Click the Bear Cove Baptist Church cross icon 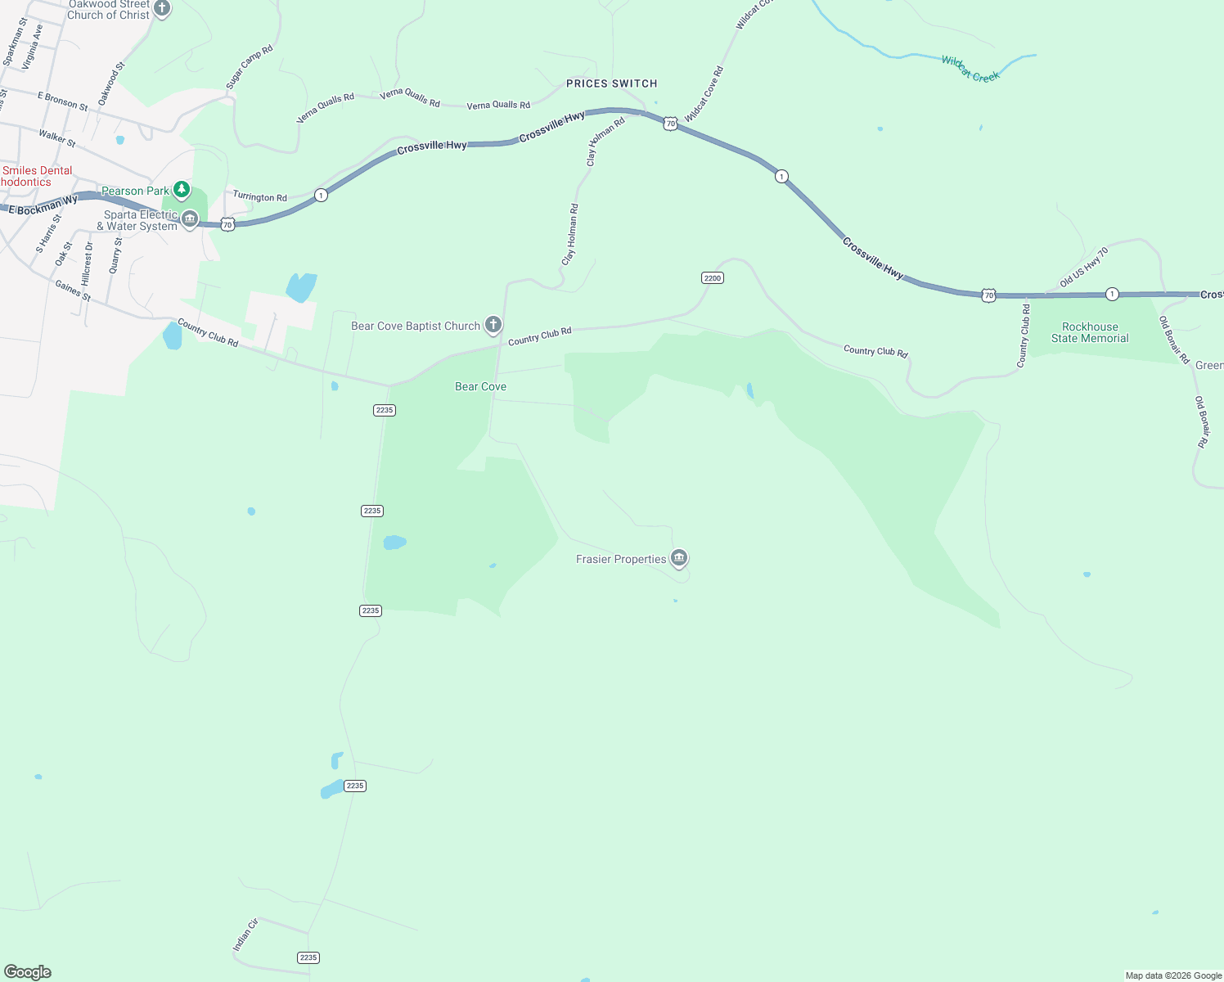(493, 325)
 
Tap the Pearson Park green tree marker (182, 190)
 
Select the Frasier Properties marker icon (678, 558)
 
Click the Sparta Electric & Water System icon (190, 219)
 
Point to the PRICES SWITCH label (612, 83)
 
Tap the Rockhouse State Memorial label (1090, 332)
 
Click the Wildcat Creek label (970, 68)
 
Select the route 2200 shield (713, 278)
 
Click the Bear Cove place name (480, 386)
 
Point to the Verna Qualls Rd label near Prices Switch (498, 105)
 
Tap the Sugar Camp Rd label (249, 67)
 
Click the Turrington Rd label (259, 196)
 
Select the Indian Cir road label (245, 935)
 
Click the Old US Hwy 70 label (1084, 267)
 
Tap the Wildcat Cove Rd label (704, 94)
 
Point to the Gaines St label (73, 290)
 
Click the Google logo (27, 971)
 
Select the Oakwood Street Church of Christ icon (162, 9)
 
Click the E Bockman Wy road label (43, 205)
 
